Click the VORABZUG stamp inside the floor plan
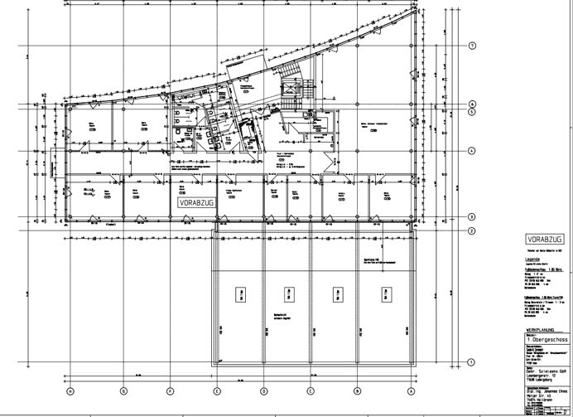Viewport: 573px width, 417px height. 191,201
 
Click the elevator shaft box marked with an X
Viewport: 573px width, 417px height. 291,87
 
